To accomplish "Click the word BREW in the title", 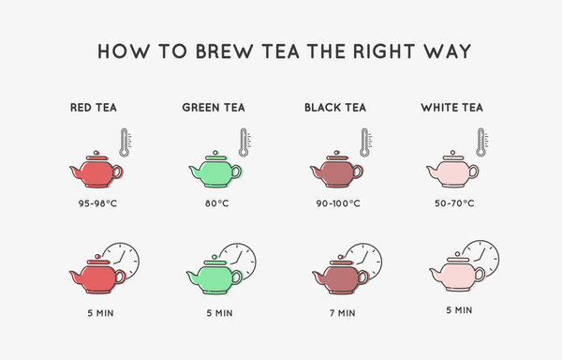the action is pos(225,52).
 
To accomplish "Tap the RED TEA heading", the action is pos(94,108).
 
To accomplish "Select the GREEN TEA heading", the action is pos(214,108).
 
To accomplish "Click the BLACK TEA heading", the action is pos(335,108).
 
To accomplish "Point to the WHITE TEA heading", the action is pos(452,108).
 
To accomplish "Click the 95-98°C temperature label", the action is pos(97,203).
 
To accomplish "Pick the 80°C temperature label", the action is pos(217,203).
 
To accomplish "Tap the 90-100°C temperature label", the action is pos(338,203).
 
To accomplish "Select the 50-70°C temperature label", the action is pos(454,203).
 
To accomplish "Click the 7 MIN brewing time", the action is pos(343,313).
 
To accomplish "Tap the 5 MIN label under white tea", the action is pos(459,310).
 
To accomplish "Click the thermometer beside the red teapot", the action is pos(125,142).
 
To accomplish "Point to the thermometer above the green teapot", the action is pos(244,142).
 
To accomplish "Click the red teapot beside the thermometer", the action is pos(96,170).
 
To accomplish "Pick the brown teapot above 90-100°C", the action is pos(336,170).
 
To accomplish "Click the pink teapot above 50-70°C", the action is pos(452,170).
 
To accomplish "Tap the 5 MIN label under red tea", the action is pos(101,313).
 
